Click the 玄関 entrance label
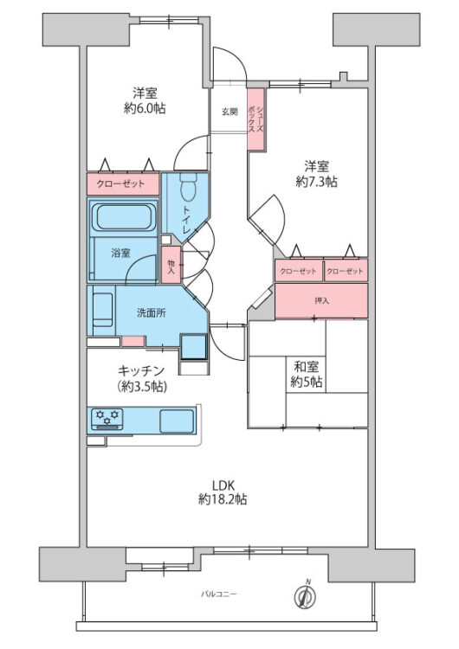(x=229, y=112)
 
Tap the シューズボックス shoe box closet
(x=255, y=119)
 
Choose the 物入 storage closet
(x=171, y=267)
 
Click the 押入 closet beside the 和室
(x=321, y=300)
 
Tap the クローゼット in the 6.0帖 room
(x=122, y=184)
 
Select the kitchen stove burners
(x=107, y=420)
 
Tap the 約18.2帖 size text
(x=223, y=499)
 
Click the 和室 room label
(x=307, y=367)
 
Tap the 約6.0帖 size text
(x=145, y=108)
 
